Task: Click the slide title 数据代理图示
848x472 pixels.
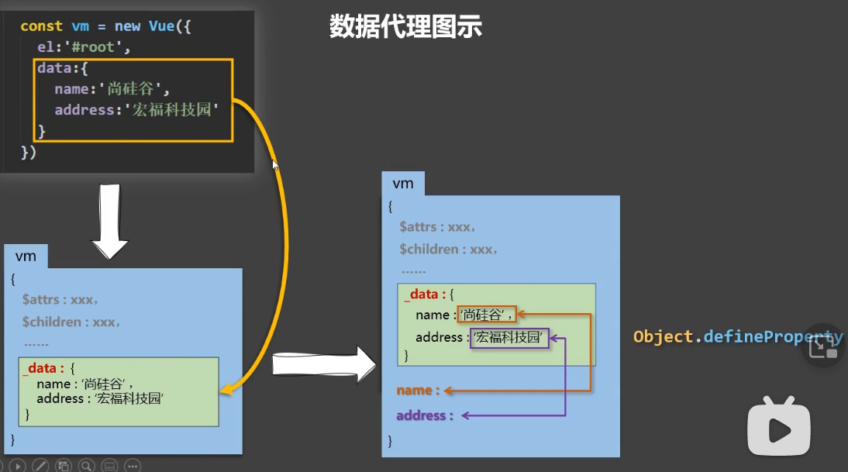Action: pyautogui.click(x=405, y=26)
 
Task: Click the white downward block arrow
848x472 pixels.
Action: pyautogui.click(x=110, y=222)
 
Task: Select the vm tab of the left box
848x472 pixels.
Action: pyautogui.click(x=26, y=257)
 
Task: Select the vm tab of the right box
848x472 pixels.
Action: pyautogui.click(x=403, y=184)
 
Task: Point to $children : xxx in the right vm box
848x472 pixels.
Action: pyautogui.click(x=448, y=250)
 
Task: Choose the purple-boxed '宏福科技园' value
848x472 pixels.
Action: pyautogui.click(x=510, y=338)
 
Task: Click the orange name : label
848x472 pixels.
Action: pyautogui.click(x=418, y=391)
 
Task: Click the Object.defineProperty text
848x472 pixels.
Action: pyautogui.click(x=736, y=337)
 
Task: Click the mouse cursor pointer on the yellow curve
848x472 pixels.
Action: pyautogui.click(x=274, y=164)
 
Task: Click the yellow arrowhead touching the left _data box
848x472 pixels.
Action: pyautogui.click(x=226, y=391)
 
